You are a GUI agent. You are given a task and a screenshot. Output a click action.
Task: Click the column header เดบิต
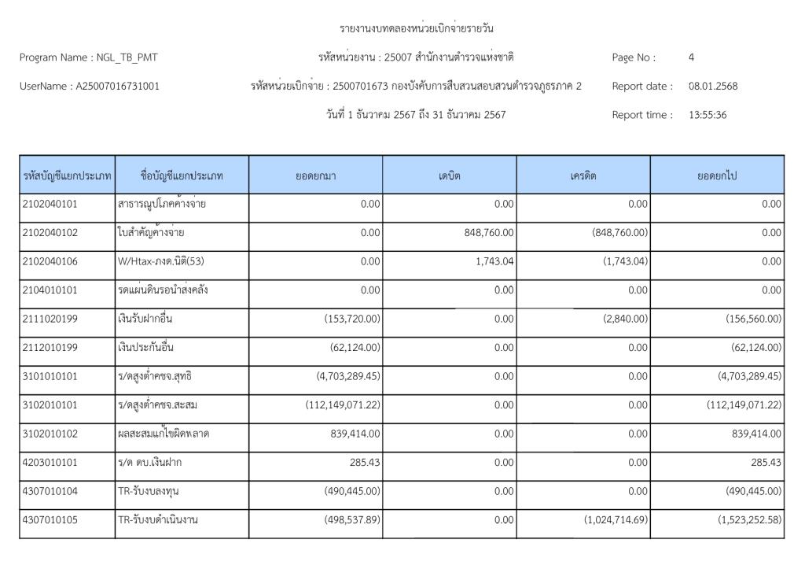click(x=449, y=175)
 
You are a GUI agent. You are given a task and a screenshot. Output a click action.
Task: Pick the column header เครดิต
click(x=583, y=175)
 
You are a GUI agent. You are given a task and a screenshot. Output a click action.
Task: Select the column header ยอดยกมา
click(x=315, y=175)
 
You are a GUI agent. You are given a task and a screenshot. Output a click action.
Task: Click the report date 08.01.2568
click(x=713, y=86)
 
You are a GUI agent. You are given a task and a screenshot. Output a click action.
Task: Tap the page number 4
click(x=691, y=57)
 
